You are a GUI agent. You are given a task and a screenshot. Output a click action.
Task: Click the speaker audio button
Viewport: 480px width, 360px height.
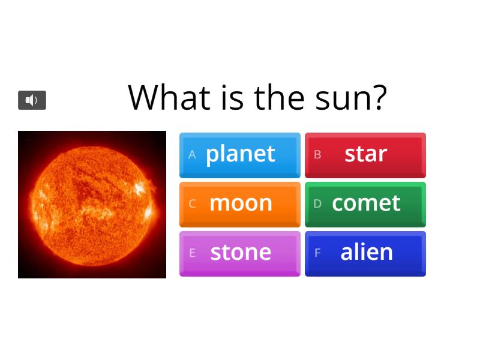32,100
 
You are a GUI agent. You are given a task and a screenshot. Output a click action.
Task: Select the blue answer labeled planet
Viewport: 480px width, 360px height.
240,155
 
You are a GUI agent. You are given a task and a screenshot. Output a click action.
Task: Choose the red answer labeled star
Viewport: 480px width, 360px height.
365,155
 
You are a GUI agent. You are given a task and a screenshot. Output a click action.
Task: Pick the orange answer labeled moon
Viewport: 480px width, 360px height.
240,204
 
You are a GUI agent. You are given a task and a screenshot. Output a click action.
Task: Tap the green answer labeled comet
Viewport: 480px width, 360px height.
365,204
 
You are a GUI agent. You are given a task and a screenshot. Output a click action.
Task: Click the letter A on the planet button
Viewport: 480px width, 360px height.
192,155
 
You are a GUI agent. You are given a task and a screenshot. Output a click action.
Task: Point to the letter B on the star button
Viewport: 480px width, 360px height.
317,155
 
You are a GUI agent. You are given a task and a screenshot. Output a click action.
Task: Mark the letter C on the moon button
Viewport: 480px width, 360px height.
192,204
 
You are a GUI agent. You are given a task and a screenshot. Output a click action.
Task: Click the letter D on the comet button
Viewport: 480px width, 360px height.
317,204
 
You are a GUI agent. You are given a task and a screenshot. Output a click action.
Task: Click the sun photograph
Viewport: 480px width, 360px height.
92,205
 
